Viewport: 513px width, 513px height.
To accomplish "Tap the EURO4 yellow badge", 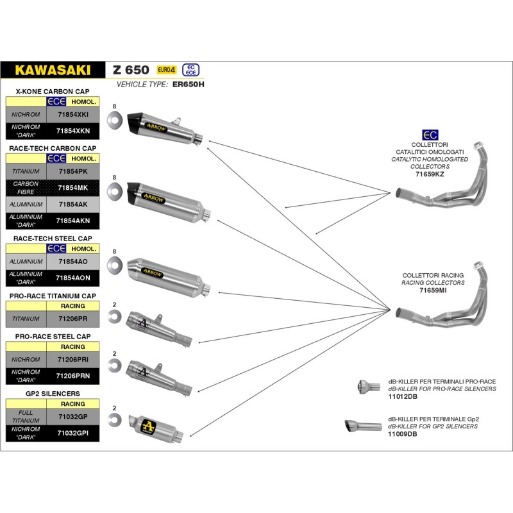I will pos(166,69).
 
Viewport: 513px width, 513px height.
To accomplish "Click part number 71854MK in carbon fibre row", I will pos(72,187).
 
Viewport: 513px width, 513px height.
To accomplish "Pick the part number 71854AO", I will pos(72,262).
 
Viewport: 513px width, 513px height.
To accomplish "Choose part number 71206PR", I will pos(72,318).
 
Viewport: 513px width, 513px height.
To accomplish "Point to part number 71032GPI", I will pos(72,433).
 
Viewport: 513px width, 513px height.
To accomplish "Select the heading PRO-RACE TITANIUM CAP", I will pos(53,296).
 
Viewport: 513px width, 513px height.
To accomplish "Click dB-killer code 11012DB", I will pos(402,397).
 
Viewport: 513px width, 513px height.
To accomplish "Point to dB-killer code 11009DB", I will pos(402,434).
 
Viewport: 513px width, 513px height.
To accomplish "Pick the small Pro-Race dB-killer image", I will pos(365,386).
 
